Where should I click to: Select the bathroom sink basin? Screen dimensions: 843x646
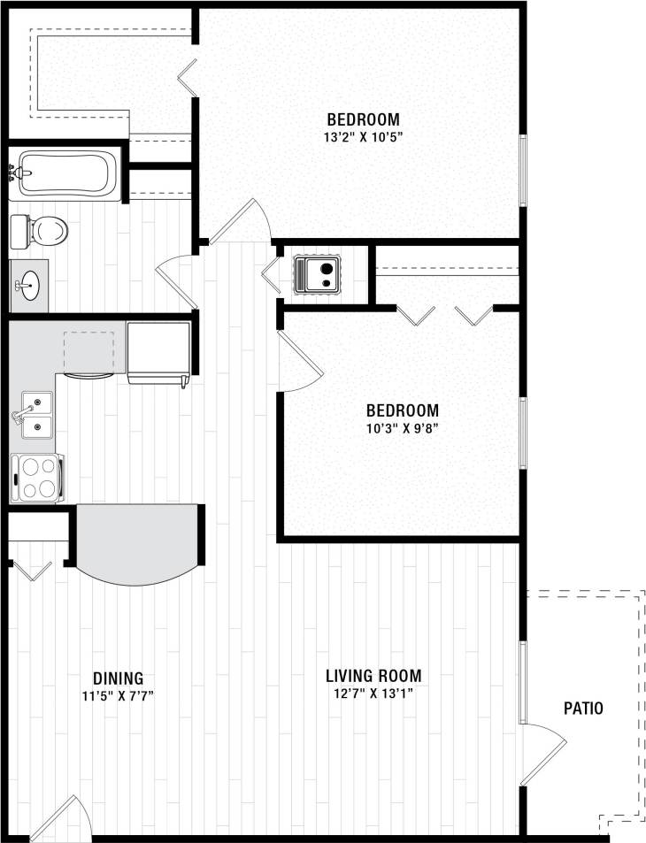pyautogui.click(x=30, y=286)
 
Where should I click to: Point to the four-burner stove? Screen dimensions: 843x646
pyautogui.click(x=36, y=478)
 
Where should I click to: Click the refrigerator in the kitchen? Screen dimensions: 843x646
pyautogui.click(x=159, y=352)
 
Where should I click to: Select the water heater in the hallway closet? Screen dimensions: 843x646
pyautogui.click(x=318, y=272)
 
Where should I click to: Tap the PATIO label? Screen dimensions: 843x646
pyautogui.click(x=583, y=708)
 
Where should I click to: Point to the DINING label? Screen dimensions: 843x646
pyautogui.click(x=116, y=678)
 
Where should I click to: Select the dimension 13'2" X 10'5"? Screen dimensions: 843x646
pyautogui.click(x=363, y=137)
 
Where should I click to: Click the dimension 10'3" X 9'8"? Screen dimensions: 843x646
pyautogui.click(x=403, y=428)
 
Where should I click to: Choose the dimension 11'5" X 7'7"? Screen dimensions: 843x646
pyautogui.click(x=117, y=695)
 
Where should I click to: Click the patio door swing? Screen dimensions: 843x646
pyautogui.click(x=542, y=752)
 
